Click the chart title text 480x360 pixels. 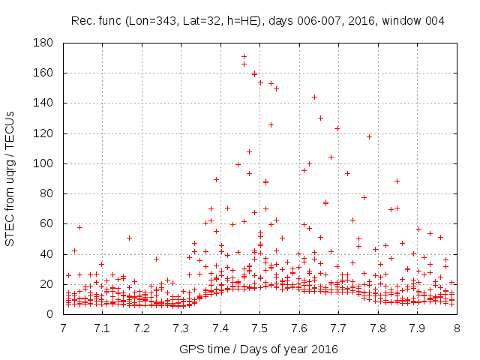[258, 21]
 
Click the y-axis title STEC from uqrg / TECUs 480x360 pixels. [16, 178]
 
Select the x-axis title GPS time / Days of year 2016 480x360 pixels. [259, 349]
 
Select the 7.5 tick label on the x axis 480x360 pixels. [259, 328]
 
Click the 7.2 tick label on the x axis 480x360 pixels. [141, 328]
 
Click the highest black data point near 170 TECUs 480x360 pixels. [244, 56]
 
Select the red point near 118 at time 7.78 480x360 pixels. [369, 136]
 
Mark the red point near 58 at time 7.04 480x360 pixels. [79, 226]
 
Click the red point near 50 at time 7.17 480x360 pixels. [129, 238]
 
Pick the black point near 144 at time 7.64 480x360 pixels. [314, 97]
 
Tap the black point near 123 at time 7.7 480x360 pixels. [337, 128]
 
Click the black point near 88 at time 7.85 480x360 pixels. [397, 181]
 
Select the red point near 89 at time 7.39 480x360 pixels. [216, 179]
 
